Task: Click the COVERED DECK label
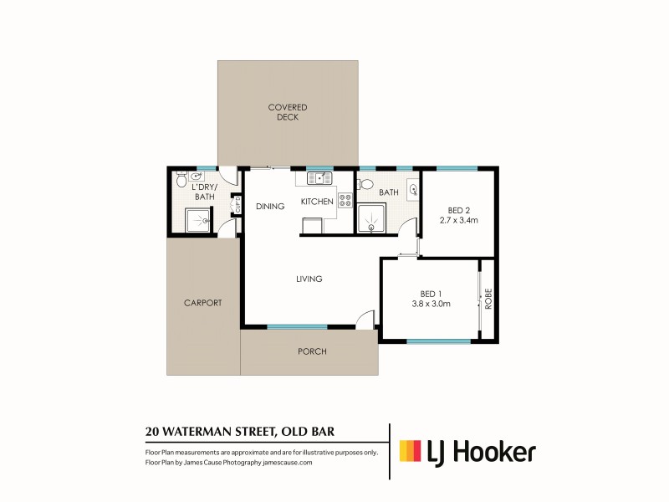[288, 112]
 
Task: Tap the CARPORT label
[202, 303]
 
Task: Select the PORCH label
[312, 351]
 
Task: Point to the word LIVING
[309, 279]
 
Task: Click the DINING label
[270, 207]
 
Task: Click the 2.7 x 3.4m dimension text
[458, 221]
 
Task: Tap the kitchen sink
[320, 178]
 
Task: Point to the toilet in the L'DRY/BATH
[181, 181]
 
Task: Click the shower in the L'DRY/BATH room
[198, 220]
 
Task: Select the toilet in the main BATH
[365, 184]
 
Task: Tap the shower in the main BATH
[369, 220]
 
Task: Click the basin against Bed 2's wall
[413, 190]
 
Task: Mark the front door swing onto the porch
[364, 319]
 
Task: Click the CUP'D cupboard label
[237, 203]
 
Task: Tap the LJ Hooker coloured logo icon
[410, 452]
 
